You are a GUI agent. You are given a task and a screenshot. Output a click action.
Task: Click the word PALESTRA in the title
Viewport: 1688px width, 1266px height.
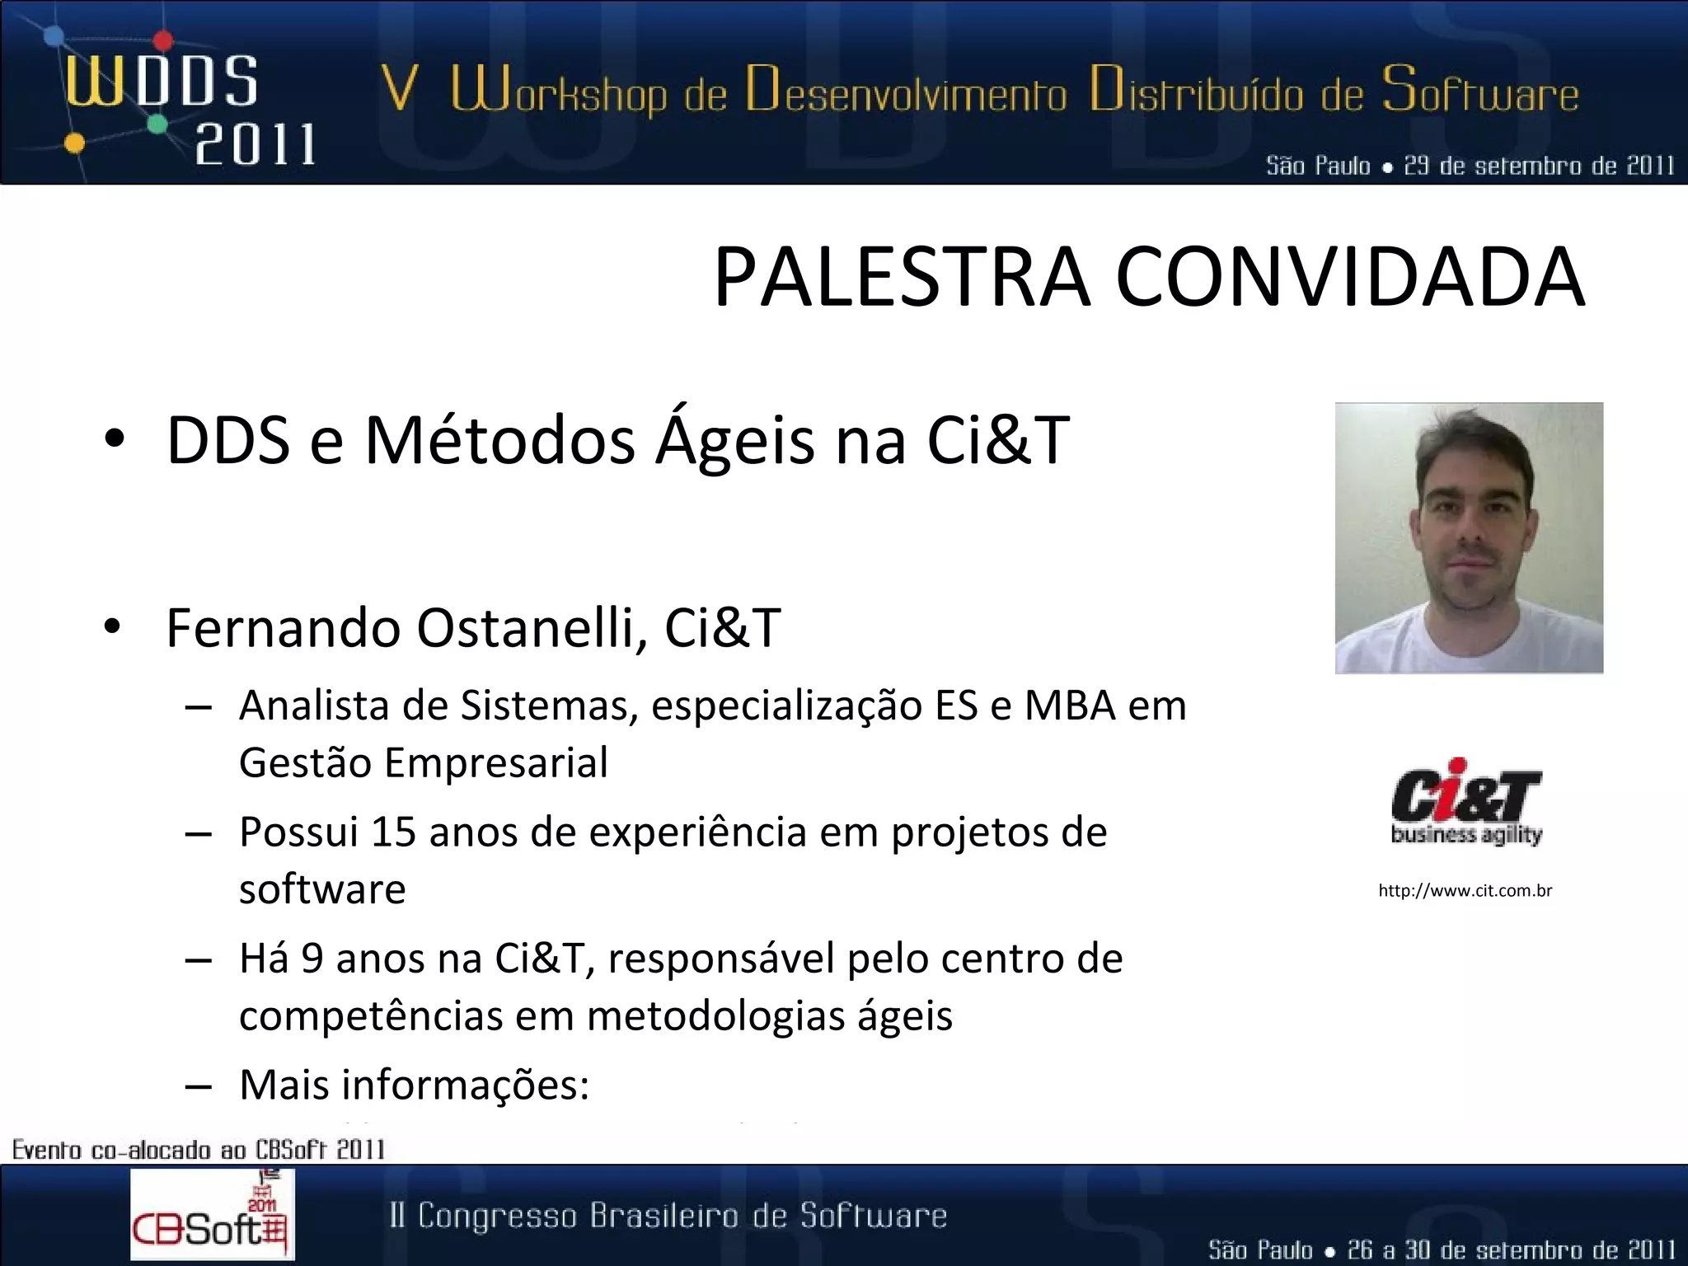coord(903,277)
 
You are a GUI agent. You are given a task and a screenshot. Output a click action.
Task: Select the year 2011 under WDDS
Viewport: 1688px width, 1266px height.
coord(255,146)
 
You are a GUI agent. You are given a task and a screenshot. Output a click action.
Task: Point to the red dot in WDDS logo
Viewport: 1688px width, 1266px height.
coord(163,40)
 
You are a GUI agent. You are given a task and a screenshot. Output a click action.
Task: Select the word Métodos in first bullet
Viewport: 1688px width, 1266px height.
coord(499,440)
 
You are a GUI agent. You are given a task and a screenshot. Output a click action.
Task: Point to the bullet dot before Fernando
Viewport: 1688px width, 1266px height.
coord(114,628)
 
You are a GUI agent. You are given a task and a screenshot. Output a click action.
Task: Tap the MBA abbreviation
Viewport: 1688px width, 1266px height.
coord(1070,706)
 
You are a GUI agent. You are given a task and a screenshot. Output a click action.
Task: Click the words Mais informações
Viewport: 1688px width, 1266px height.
coord(414,1085)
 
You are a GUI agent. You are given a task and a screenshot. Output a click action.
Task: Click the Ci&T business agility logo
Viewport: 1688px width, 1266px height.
coord(1466,802)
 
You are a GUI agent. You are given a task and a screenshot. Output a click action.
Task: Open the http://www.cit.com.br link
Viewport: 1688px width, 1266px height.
coord(1465,890)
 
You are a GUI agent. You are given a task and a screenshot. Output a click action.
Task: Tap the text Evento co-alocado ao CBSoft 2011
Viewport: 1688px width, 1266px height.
coord(199,1149)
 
